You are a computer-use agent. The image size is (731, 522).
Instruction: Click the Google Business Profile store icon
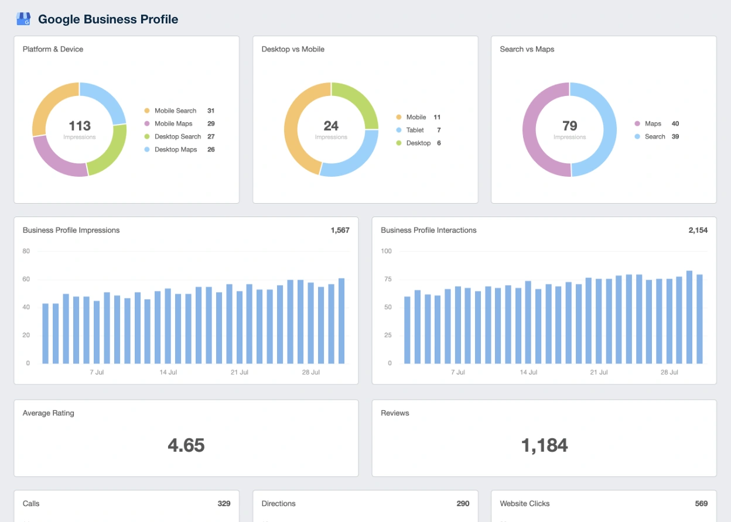(23, 19)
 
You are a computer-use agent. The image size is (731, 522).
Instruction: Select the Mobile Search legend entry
(175, 111)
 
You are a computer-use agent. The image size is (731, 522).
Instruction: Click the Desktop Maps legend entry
(175, 149)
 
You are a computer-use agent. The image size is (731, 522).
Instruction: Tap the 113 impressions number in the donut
(80, 126)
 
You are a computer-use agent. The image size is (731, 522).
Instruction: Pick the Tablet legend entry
(415, 130)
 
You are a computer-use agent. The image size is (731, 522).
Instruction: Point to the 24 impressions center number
(331, 126)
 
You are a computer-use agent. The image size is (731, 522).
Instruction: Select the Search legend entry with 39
(655, 136)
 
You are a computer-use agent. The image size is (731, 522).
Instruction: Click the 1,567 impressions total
(340, 230)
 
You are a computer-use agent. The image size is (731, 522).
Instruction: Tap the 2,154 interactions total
(698, 230)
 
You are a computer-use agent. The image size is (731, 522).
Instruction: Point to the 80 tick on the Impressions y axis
(26, 251)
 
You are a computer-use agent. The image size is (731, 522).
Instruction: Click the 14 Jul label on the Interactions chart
(528, 372)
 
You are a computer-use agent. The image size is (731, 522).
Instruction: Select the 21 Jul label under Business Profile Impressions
(240, 372)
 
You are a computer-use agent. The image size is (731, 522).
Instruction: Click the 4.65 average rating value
(186, 445)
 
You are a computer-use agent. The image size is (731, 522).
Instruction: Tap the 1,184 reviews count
(544, 445)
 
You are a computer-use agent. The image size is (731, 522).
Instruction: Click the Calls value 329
(224, 503)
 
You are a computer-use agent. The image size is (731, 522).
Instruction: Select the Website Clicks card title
(524, 503)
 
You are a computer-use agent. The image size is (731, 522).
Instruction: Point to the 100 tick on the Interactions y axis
(386, 251)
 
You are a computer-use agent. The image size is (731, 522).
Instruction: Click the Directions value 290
(463, 503)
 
